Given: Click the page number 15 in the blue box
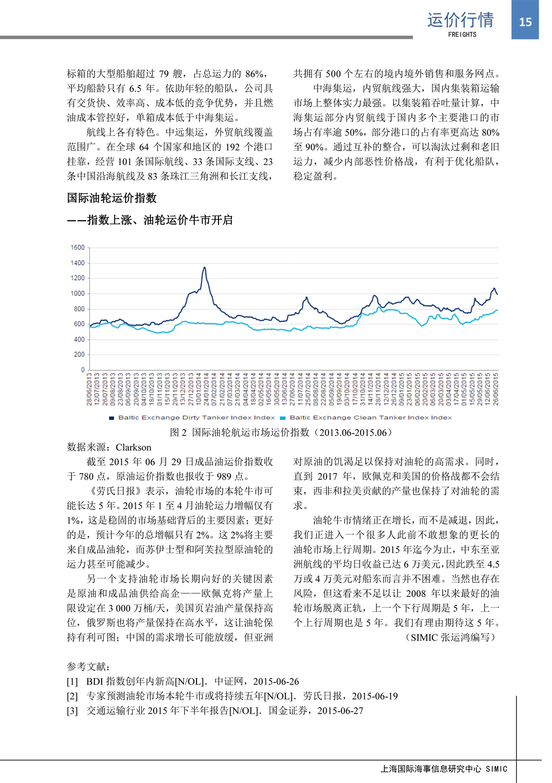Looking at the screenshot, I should tap(525, 22).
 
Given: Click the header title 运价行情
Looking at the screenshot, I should tap(460, 20).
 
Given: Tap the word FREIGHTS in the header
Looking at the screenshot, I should tap(462, 35).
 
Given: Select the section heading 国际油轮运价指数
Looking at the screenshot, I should tap(112, 198).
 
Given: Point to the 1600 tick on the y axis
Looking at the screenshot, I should tap(78, 248).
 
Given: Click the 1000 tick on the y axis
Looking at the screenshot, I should tap(78, 293).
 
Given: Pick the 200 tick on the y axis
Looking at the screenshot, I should tap(79, 355).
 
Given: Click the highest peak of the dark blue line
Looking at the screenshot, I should tap(204, 267).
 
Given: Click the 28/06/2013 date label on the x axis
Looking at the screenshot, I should tap(89, 389).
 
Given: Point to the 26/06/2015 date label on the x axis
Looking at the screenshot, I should tap(496, 389).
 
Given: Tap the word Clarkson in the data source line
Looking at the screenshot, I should tap(133, 447).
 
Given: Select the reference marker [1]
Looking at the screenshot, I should tap(72, 681).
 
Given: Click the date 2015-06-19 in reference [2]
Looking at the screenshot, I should tap(374, 696).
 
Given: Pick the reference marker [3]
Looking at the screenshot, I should tap(72, 711).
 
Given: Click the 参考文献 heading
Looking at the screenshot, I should tap(88, 666).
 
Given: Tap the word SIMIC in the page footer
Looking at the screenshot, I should tap(497, 769).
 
